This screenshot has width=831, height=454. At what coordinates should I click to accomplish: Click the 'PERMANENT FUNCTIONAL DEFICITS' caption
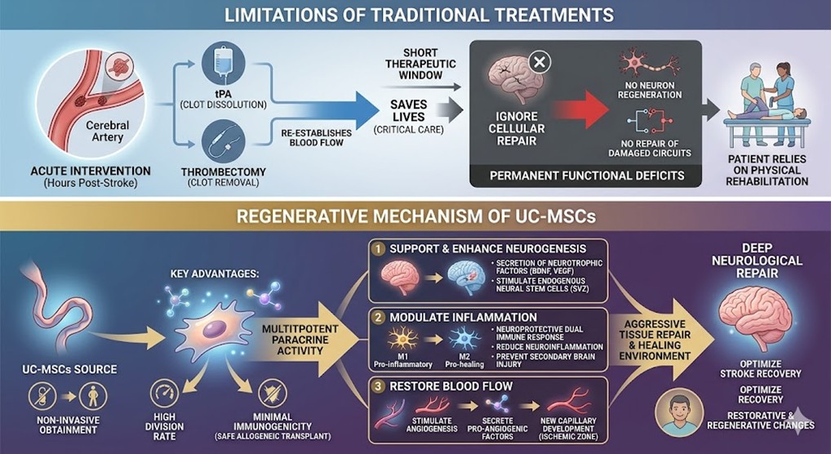585,176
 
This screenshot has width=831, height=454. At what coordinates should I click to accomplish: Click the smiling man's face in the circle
681,415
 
